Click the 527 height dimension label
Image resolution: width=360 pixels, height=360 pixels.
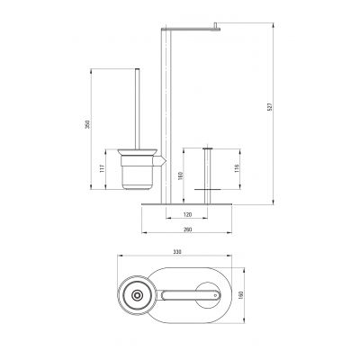pos(269,107)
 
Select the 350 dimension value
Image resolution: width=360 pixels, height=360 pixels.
pos(87,124)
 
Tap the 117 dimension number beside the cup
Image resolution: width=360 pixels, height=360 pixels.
pos(103,168)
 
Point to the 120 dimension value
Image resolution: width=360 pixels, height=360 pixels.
pos(187,214)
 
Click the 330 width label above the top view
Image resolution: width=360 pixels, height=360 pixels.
pos(177,252)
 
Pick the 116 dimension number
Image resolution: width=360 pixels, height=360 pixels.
pos(236,168)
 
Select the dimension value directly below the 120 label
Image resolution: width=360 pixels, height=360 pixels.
pos(187,229)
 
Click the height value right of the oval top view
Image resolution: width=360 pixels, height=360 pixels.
pos(240,295)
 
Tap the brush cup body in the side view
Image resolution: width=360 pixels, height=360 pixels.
pos(138,173)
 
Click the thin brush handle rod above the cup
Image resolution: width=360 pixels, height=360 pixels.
pos(138,109)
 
